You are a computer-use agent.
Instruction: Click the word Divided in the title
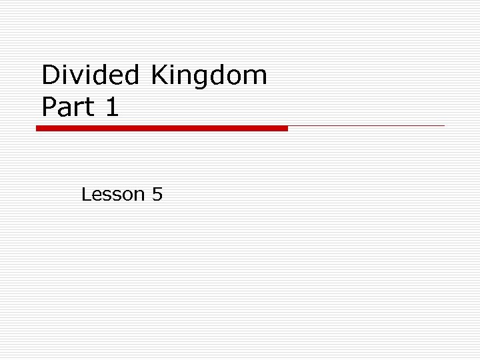89,75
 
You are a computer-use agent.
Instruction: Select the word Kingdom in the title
209,75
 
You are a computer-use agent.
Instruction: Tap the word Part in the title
68,107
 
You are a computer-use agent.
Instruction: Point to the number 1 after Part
112,107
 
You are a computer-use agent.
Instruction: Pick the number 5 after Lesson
157,195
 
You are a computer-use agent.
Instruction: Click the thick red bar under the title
162,128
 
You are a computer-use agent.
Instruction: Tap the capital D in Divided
51,75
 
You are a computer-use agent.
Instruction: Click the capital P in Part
49,107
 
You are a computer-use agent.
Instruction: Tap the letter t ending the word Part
90,107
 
